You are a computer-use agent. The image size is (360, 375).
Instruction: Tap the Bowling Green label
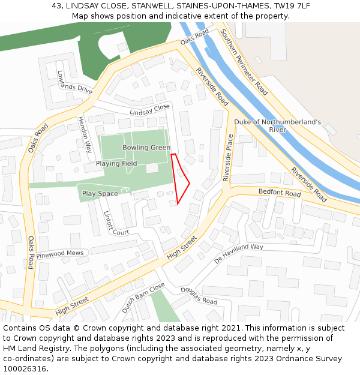coord(146,148)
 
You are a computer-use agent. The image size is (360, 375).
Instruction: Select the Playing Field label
coord(116,163)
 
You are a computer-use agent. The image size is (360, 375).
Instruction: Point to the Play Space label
coord(100,193)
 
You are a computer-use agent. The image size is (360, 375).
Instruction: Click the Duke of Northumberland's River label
coord(277,125)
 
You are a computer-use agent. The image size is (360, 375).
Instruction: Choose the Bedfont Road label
coord(279,193)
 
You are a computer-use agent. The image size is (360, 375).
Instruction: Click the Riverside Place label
coord(228,158)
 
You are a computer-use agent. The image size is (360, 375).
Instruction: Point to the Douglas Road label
coord(199,296)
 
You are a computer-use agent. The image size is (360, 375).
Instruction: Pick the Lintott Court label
coord(116,223)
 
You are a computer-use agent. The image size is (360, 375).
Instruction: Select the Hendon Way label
coord(85,135)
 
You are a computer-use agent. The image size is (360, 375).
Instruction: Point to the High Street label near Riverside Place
coord(182,246)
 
